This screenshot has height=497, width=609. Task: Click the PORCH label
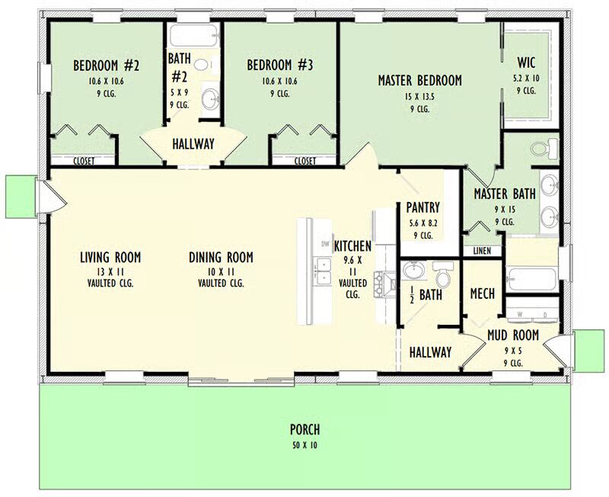pos(305,429)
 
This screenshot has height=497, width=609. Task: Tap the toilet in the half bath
pos(443,274)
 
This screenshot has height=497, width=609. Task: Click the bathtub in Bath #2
pos(194,35)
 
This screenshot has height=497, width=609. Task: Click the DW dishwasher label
pos(325,244)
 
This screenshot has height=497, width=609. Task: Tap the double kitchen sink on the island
pos(323,271)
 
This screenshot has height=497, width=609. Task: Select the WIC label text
pos(526,63)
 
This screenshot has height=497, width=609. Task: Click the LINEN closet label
pos(482,252)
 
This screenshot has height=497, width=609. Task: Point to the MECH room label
pos(483,293)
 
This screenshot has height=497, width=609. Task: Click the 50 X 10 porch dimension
pos(305,445)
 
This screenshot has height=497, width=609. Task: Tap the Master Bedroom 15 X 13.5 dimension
pos(420,97)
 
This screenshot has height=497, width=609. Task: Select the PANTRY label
pos(423,207)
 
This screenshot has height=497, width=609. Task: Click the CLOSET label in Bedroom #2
pos(84,161)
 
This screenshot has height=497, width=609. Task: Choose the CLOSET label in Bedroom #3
pos(305,161)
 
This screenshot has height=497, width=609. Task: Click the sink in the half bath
pos(414,271)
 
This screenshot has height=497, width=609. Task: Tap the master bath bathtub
pos(531,278)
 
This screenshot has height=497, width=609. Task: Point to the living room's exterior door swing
pos(54,197)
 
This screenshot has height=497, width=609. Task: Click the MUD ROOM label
pos(513,335)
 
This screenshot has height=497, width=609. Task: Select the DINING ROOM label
pos(221,257)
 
